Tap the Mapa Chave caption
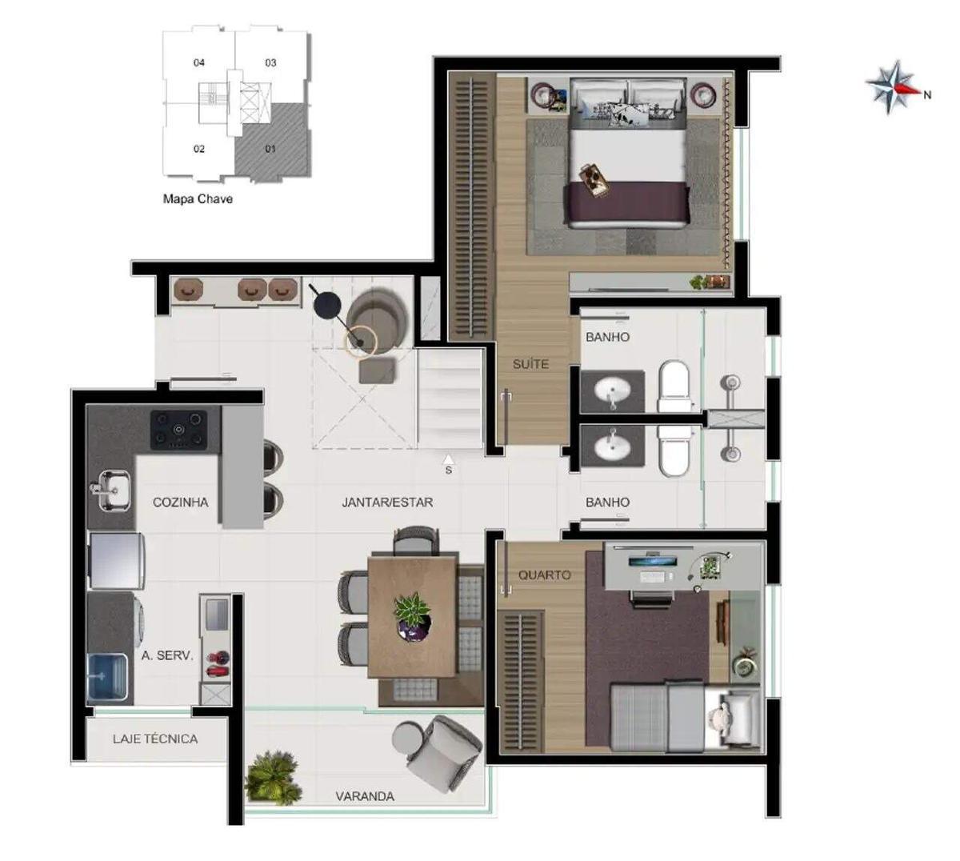tap(198, 198)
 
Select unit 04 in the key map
tap(199, 62)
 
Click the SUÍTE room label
tap(530, 364)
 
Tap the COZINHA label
tap(181, 502)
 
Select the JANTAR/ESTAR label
tap(388, 502)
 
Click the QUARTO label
tap(545, 575)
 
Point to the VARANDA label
tap(365, 796)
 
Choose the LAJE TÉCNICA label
tap(155, 739)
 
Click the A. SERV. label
tap(167, 655)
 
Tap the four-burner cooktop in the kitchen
tap(179, 430)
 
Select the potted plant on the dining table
tap(413, 616)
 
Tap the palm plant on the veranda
tap(274, 778)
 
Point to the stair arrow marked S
tap(448, 463)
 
